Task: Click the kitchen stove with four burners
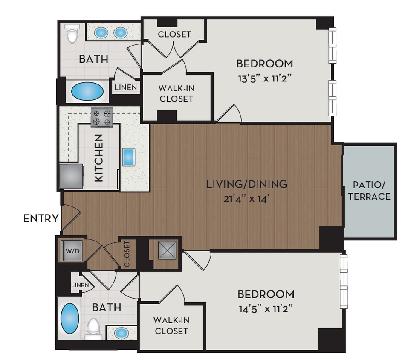(101, 117)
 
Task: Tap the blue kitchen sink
(129, 157)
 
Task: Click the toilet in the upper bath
(72, 34)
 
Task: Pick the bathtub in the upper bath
(87, 91)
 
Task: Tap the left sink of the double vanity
(101, 32)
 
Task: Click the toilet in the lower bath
(93, 328)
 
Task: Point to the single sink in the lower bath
(122, 332)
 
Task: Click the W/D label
(72, 251)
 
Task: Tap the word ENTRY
(41, 218)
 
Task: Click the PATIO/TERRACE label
(372, 191)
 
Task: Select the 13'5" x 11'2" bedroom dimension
(265, 78)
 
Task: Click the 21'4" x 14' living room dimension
(246, 199)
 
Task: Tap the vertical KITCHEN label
(98, 158)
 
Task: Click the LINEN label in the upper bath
(126, 87)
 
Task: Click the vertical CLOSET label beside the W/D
(127, 254)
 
